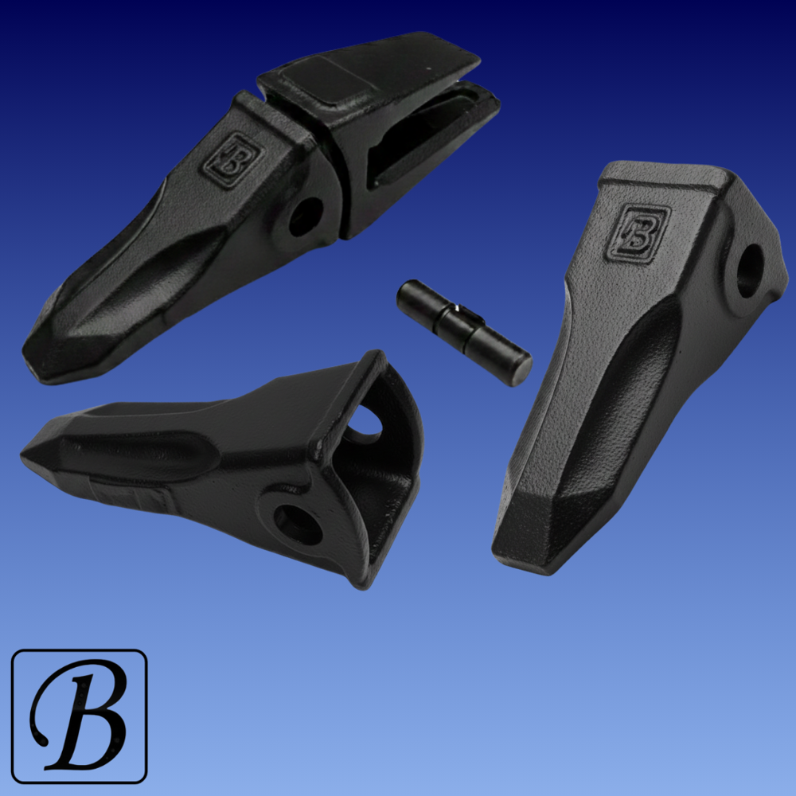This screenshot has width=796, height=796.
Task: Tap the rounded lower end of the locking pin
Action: coord(521,371)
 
